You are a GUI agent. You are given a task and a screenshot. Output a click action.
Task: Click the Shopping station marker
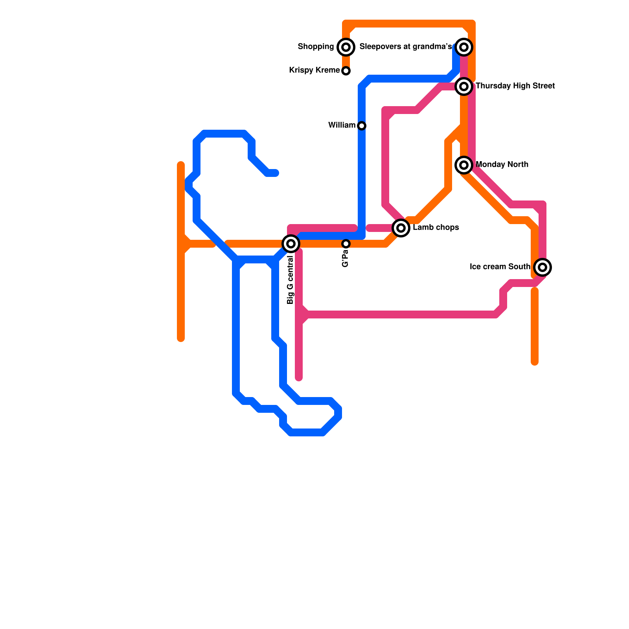pos(346,47)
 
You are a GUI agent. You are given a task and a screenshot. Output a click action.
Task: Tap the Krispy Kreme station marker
pos(346,71)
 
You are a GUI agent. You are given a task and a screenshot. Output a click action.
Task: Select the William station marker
pos(362,126)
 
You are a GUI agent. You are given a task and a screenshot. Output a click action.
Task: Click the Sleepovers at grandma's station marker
pos(464,47)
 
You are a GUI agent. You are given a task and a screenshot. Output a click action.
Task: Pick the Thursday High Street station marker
pos(464,86)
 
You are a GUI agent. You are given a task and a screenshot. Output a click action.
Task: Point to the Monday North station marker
pos(464,165)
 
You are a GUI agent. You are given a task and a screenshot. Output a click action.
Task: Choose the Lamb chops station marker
pos(401,228)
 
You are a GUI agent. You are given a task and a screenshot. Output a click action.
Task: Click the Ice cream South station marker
pos(543,267)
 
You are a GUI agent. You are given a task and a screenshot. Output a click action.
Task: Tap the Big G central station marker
pos(291,244)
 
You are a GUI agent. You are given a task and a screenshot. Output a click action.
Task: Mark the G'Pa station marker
pos(346,244)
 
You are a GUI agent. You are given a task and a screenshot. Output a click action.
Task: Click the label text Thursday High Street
pos(515,86)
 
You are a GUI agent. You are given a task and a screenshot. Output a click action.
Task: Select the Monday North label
pos(502,165)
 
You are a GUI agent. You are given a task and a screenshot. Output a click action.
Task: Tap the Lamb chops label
pos(436,228)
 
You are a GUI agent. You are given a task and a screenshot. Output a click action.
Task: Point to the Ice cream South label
pos(500,267)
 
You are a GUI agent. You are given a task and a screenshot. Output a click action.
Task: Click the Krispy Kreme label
pos(314,70)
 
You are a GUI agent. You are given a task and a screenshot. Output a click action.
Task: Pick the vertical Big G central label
pos(291,280)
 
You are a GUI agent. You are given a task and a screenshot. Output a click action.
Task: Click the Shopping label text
pos(316,47)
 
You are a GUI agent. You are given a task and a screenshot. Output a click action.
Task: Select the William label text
pos(342,125)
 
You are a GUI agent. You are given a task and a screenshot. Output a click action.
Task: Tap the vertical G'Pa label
pos(346,259)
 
